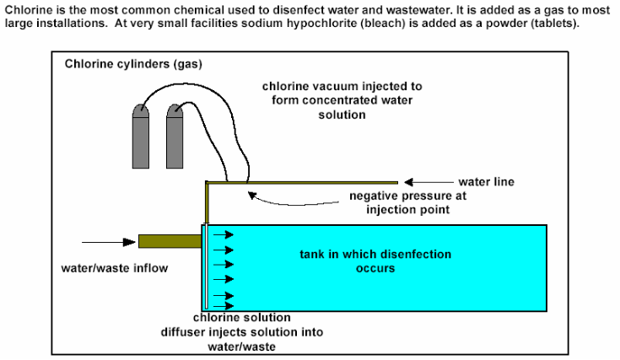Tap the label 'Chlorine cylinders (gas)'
click(133, 64)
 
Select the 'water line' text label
click(486, 181)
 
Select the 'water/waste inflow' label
click(113, 270)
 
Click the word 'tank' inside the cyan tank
click(313, 255)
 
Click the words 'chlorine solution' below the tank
click(242, 318)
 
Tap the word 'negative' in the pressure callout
click(373, 196)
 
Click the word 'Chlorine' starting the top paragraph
click(25, 8)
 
